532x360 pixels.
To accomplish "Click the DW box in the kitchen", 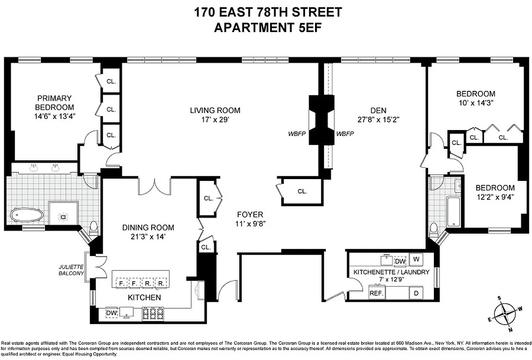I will (x=112, y=312).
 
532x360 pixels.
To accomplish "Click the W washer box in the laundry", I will (x=416, y=259).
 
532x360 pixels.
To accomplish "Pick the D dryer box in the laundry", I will (x=416, y=292).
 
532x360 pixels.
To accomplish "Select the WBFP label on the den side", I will (x=345, y=134).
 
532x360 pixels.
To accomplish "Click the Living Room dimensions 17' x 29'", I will (x=215, y=120).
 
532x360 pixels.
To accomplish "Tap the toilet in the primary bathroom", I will (x=93, y=227).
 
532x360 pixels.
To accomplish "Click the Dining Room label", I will (x=148, y=228).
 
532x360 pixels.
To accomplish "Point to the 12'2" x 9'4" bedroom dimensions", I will (x=495, y=197).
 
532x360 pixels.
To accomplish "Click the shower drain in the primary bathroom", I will (x=64, y=216).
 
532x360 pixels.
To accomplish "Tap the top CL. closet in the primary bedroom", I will (x=111, y=82).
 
